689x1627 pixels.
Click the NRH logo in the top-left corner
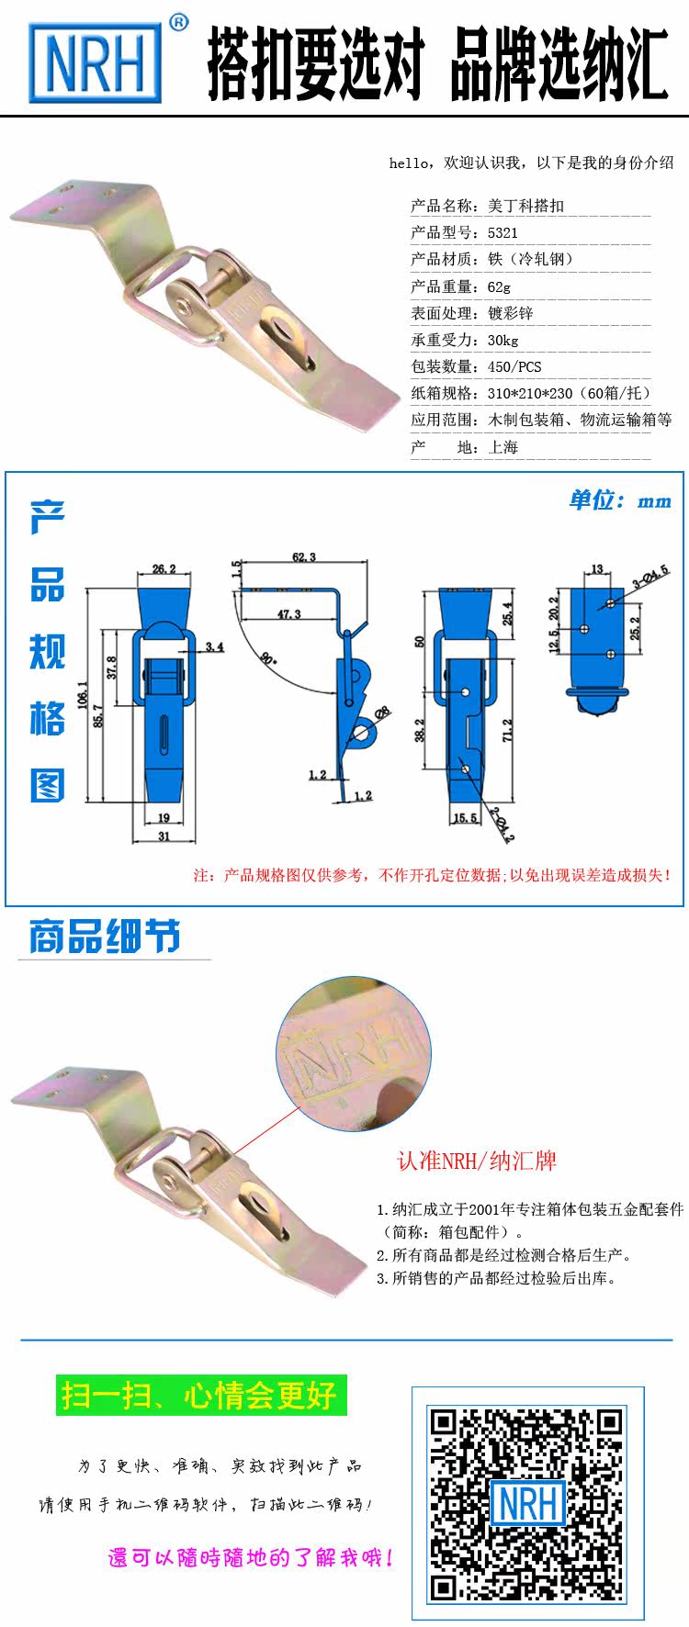tap(96, 62)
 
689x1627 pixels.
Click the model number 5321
tap(503, 232)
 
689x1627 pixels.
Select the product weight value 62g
tap(499, 286)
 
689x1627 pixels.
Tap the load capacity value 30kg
tap(503, 340)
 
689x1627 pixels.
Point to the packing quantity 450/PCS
tap(514, 366)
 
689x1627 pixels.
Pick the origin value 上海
tap(503, 447)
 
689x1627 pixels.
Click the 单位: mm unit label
tap(620, 500)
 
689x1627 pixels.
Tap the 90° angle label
tap(267, 657)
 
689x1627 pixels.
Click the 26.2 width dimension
tap(164, 569)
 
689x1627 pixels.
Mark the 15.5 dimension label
tap(466, 817)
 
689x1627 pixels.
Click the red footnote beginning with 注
tap(433, 874)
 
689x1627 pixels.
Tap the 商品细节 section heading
tap(105, 937)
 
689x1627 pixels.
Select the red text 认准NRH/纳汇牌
tap(476, 1161)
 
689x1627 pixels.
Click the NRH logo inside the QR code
tap(528, 1503)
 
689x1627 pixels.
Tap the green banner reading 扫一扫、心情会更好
tap(201, 1397)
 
